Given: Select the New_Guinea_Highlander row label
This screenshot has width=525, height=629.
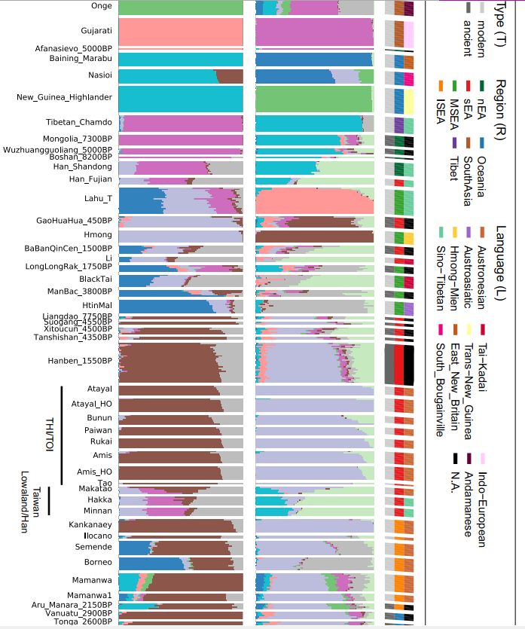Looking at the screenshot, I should [64, 97].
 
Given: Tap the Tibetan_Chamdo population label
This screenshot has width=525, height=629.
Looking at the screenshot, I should [79, 122].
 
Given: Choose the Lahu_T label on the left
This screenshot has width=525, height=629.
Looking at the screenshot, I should [99, 199].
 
